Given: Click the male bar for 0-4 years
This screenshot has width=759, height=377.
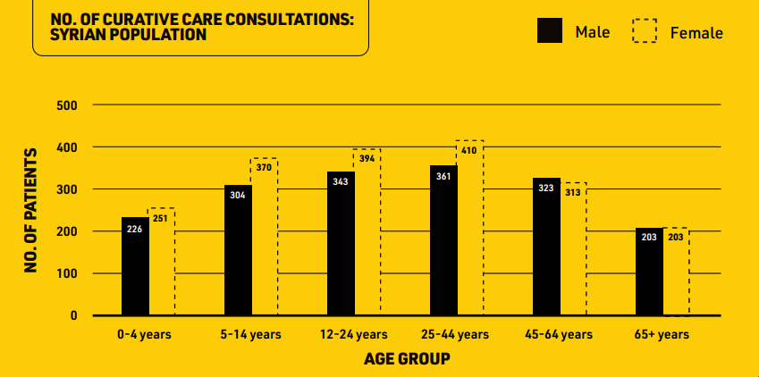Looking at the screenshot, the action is pos(135,266).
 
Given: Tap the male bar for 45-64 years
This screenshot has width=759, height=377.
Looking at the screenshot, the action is pos(546,247).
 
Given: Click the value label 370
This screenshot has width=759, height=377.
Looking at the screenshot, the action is pos(264,167).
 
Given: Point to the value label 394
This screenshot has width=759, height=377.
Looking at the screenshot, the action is pos(367,158).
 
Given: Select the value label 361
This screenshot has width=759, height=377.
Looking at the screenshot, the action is pos(443,177).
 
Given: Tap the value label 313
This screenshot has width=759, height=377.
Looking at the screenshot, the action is pos(573,192).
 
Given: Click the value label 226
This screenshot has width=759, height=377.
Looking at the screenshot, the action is pos(135,229).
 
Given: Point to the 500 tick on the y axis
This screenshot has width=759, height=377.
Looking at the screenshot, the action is pos(68,105).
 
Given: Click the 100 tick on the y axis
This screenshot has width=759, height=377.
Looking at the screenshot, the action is pos(68,273).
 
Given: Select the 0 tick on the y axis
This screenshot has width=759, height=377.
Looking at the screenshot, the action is pos(73,315).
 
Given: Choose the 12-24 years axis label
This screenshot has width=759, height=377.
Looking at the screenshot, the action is pos(354,334).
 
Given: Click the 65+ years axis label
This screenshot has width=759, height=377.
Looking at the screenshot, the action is pos(662,334).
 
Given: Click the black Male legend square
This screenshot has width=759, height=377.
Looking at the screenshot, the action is pos(550,30).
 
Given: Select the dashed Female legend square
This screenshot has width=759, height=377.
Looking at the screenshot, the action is pos(645,30).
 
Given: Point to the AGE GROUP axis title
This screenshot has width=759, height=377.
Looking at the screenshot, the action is pos(407,359).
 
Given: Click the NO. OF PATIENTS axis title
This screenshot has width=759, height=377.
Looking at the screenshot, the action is pos(30,211).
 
